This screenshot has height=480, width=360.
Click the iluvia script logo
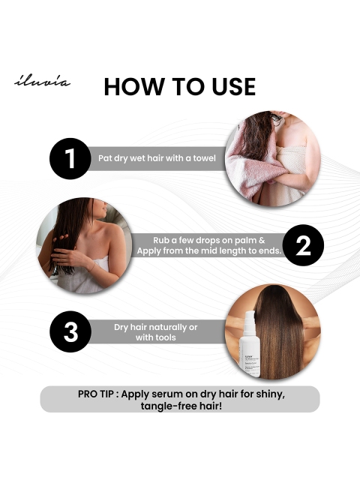click(42, 82)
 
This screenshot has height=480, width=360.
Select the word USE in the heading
click(233, 87)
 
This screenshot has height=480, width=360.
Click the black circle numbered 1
click(70, 158)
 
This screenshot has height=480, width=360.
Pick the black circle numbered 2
click(303, 245)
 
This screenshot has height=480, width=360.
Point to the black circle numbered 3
click(70, 331)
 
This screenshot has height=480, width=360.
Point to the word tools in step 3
click(166, 337)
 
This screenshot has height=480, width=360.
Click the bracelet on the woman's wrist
click(91, 266)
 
